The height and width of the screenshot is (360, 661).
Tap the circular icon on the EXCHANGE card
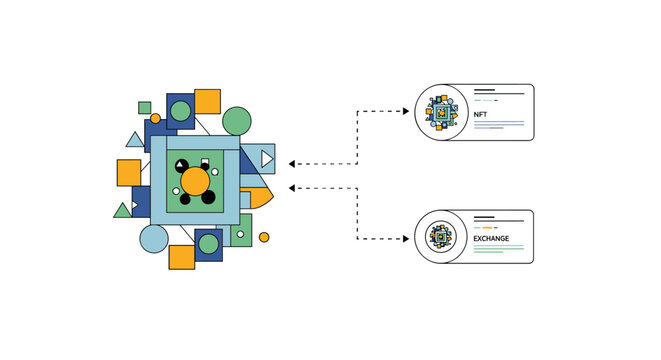441,237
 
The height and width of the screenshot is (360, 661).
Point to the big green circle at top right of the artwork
236,121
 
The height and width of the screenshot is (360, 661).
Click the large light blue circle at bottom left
154,239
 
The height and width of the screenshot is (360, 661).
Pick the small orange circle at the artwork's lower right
264,237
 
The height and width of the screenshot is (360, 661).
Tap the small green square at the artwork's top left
145,107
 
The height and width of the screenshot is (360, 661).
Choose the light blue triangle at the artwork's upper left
134,140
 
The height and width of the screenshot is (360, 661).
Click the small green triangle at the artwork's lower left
123,210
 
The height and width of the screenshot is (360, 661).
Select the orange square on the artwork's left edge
129,172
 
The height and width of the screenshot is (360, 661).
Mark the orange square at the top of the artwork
207,101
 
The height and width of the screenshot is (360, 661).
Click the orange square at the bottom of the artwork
182,257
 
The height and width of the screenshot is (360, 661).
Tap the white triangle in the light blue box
266,158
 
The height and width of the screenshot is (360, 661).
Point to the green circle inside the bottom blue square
208,243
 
